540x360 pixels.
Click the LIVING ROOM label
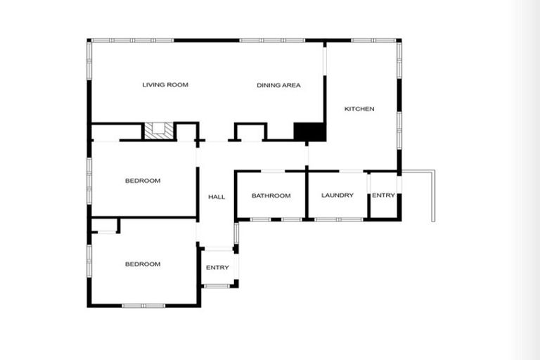[165, 85]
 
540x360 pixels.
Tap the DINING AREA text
[278, 85]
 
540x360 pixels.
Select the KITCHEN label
[359, 109]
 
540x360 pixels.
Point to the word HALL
[217, 197]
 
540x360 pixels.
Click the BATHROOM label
[271, 195]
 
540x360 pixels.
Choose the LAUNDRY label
[337, 195]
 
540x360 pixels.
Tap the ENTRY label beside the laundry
[383, 195]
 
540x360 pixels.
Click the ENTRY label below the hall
[217, 268]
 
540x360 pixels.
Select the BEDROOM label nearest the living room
[143, 181]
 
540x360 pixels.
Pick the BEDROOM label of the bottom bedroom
[143, 264]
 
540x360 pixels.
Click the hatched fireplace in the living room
[159, 131]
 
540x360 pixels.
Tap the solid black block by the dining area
[309, 131]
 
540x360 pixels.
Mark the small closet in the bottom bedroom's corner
[105, 225]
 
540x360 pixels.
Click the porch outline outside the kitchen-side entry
[425, 193]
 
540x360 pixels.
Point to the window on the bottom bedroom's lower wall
[143, 305]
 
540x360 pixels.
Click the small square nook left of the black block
[249, 132]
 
